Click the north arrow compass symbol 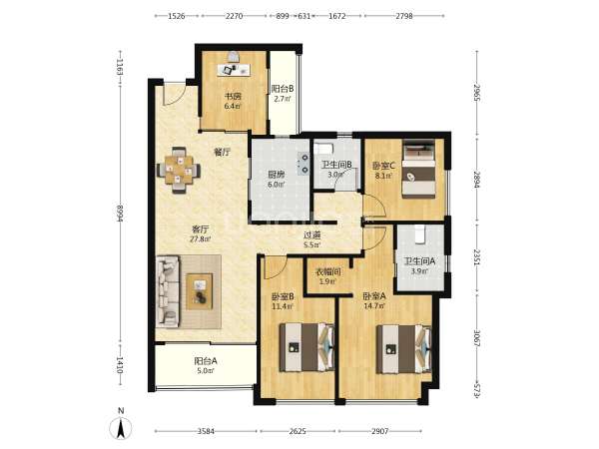tap(121, 427)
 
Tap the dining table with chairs tap(179, 170)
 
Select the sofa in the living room tap(168, 291)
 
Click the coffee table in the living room tap(199, 291)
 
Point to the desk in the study tap(234, 70)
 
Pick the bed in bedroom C tap(419, 170)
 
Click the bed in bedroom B tap(306, 347)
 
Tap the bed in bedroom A tap(403, 349)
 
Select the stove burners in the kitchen tap(303, 163)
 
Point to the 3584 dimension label tap(206, 431)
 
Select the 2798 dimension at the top tap(404, 16)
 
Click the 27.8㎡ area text tap(201, 239)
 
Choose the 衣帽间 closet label tap(328, 272)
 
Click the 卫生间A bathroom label tap(419, 261)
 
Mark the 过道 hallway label tap(311, 235)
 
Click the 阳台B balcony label tap(283, 89)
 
